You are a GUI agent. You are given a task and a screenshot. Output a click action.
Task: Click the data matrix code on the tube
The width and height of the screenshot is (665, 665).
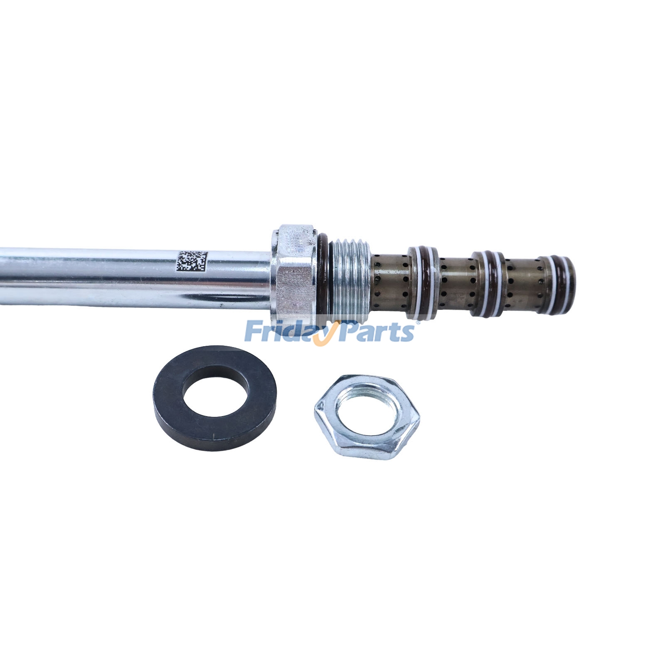click(192, 261)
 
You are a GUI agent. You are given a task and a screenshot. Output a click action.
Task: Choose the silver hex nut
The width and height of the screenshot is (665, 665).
click(367, 416)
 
